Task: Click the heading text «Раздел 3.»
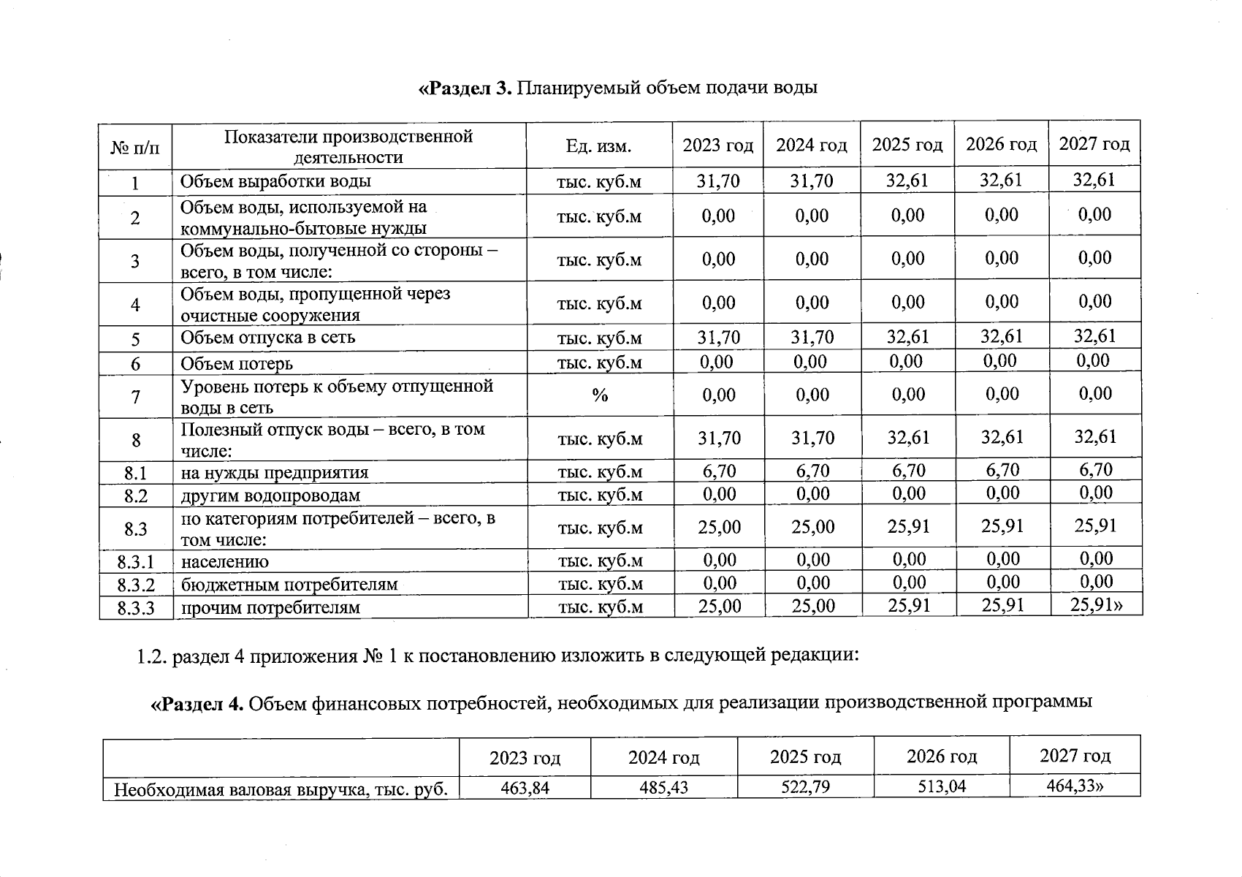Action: pos(466,88)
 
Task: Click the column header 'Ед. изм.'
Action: pos(598,146)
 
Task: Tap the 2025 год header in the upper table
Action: pos(907,145)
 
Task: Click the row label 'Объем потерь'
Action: pos(237,363)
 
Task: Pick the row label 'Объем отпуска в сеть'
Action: pos(267,338)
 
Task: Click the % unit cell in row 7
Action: pos(600,395)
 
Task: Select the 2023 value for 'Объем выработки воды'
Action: pos(717,181)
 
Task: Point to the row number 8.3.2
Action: pos(136,585)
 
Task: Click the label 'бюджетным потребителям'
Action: pos(289,585)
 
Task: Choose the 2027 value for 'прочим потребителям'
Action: pos(1095,604)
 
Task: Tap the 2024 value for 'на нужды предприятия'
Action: pos(812,471)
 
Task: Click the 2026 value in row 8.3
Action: pos(1002,526)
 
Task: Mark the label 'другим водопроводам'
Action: pos(270,496)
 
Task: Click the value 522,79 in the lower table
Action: pos(804,787)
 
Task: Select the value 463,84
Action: pos(525,789)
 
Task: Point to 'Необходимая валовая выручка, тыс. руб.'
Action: pos(281,790)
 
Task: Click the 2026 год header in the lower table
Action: pos(941,756)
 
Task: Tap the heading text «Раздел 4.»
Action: pos(197,704)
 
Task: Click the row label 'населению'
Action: pos(225,561)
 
